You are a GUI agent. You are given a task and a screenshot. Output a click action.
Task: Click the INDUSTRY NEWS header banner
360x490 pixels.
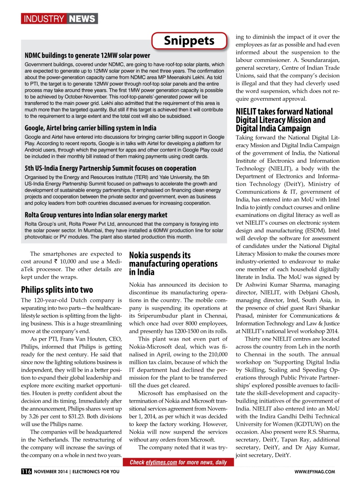pos(59,18)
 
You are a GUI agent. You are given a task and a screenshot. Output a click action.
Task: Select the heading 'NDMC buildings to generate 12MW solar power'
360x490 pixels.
pos(87,56)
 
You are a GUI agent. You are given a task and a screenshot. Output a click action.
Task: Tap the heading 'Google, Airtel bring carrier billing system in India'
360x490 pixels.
pos(90,128)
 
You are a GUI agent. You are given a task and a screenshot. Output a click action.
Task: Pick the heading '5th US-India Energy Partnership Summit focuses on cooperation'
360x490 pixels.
pos(110,168)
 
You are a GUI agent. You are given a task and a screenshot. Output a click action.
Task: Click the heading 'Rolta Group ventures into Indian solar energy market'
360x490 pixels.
pos(96,215)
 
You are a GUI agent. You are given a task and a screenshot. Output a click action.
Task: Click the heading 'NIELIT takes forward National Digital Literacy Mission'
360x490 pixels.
pos(284,120)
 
